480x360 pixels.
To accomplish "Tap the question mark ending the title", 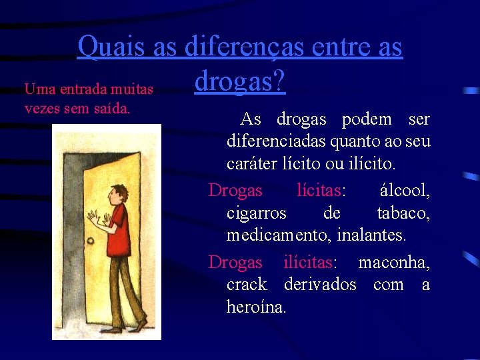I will [279, 81].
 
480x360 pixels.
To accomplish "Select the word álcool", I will [405, 191].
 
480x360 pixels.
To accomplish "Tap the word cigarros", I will [256, 213].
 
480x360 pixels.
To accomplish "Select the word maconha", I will [394, 262].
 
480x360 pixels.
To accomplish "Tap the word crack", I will [246, 285].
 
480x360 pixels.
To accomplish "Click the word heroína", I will [256, 307].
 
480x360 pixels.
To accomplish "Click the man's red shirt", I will [120, 227].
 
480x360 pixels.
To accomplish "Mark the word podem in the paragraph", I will [367, 119].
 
